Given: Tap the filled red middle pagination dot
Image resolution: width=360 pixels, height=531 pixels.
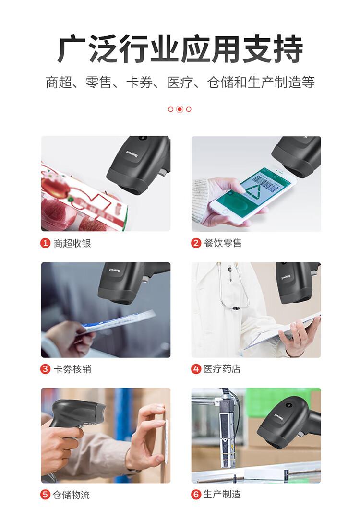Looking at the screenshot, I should point(180,109).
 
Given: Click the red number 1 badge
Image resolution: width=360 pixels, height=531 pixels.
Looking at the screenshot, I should point(45,243).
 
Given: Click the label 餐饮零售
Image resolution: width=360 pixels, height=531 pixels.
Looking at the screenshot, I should point(223,243).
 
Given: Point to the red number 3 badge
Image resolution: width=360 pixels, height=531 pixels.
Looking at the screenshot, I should point(45,369).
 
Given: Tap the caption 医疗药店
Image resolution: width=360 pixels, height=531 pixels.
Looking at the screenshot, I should point(223,369).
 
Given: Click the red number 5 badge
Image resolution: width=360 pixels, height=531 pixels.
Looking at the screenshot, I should point(45,495).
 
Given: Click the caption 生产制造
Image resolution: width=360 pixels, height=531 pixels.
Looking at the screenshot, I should point(223,495).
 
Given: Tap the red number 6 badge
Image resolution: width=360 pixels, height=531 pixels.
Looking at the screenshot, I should point(196,495).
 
